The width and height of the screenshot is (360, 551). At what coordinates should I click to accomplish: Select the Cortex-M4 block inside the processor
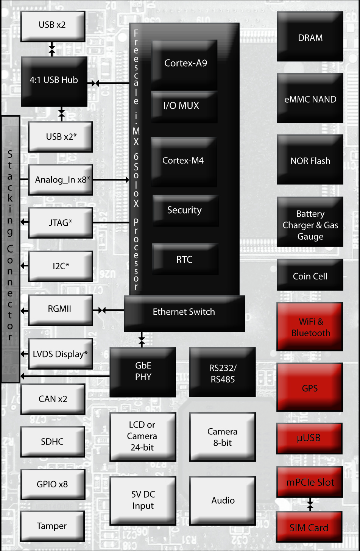click(184, 161)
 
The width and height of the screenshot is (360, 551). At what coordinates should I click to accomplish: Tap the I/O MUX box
click(184, 106)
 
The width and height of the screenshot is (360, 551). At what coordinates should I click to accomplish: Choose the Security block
click(185, 210)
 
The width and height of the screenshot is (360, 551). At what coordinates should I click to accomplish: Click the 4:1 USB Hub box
click(54, 81)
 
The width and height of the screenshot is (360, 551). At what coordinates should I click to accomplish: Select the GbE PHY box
click(143, 372)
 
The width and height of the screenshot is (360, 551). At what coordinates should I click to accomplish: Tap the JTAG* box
click(60, 223)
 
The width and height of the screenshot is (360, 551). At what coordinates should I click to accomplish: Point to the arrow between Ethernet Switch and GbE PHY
click(142, 340)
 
